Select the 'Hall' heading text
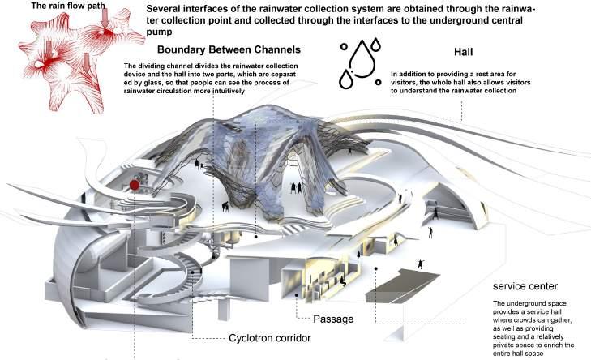[x=464, y=49]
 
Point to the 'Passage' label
[x=332, y=319]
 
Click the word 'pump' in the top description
[x=161, y=34]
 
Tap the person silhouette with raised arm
[x=419, y=264]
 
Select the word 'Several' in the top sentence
[x=165, y=10]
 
